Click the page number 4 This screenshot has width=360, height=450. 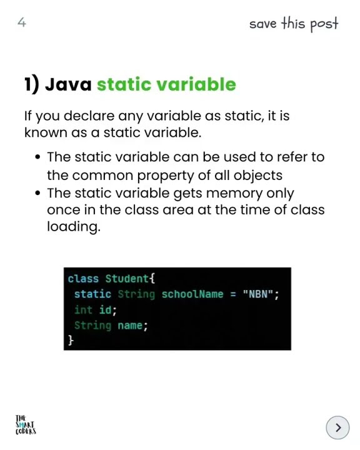pyautogui.click(x=22, y=23)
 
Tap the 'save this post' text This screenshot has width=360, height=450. pyautogui.click(x=293, y=24)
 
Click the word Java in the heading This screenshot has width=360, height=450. pyautogui.click(x=69, y=84)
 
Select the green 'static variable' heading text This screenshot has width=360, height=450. pyautogui.click(x=166, y=84)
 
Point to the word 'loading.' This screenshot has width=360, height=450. pyautogui.click(x=73, y=227)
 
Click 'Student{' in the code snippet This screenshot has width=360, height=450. pyautogui.click(x=130, y=279)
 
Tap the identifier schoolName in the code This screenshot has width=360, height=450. pyautogui.click(x=192, y=294)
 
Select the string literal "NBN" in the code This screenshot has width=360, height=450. pyautogui.click(x=259, y=294)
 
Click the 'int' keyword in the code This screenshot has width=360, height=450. pyautogui.click(x=83, y=309)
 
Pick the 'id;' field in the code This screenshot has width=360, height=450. pyautogui.click(x=107, y=309)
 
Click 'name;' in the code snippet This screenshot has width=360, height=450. pyautogui.click(x=132, y=325)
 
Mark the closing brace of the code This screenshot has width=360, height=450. pyautogui.click(x=71, y=340)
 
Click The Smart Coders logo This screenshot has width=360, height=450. pyautogui.click(x=26, y=424)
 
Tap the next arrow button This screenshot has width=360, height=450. pyautogui.click(x=337, y=427)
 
